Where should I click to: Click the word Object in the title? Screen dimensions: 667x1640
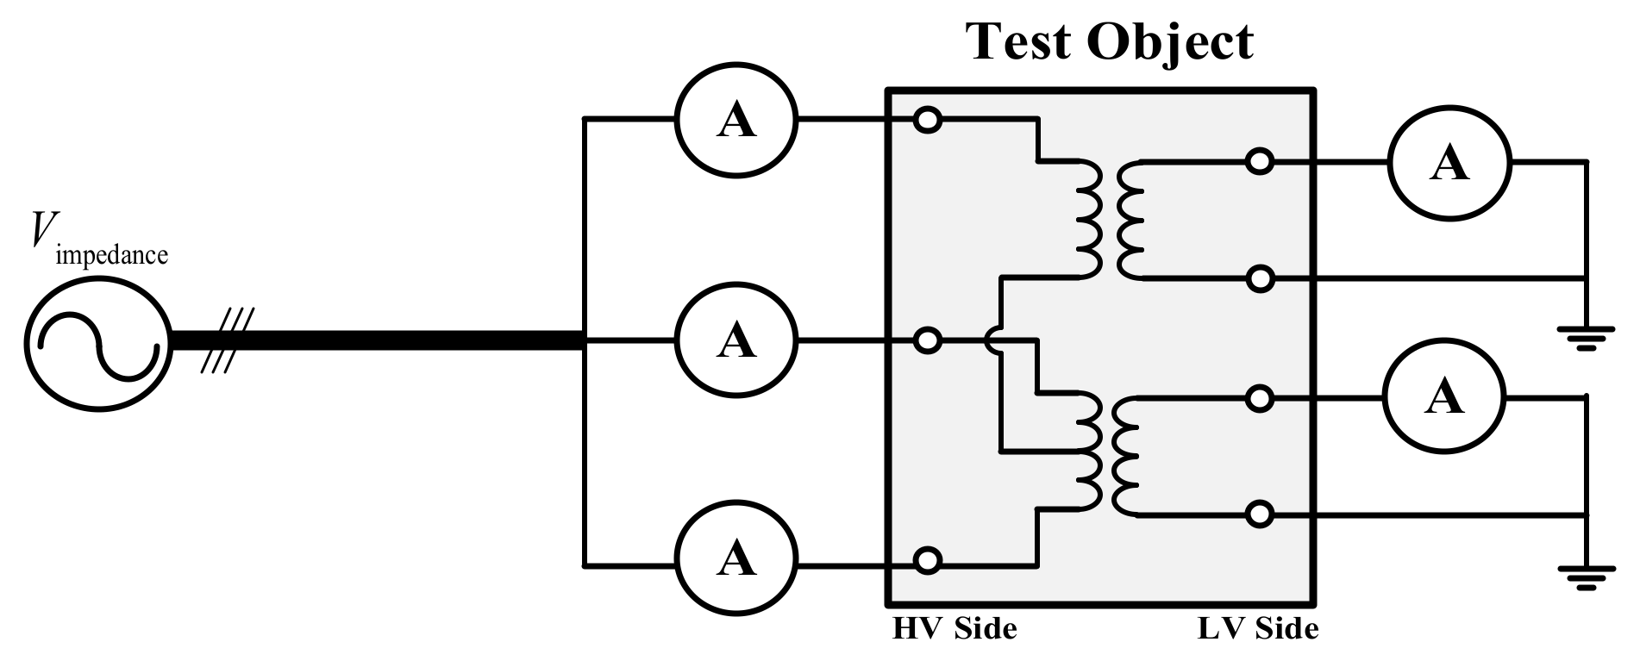1169,41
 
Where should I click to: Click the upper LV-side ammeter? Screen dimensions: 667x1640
1449,164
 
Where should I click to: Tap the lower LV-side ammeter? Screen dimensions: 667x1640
1444,397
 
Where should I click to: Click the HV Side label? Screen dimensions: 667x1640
954,628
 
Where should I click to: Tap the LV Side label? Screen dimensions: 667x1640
1258,628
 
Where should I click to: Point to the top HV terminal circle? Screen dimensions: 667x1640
927,120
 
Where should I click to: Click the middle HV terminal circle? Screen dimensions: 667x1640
927,341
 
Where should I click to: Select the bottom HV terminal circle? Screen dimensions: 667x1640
927,561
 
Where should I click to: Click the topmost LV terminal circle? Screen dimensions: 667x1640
1260,161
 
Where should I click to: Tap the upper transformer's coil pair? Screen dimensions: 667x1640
1111,219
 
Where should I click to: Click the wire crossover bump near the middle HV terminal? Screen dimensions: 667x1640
993,341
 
